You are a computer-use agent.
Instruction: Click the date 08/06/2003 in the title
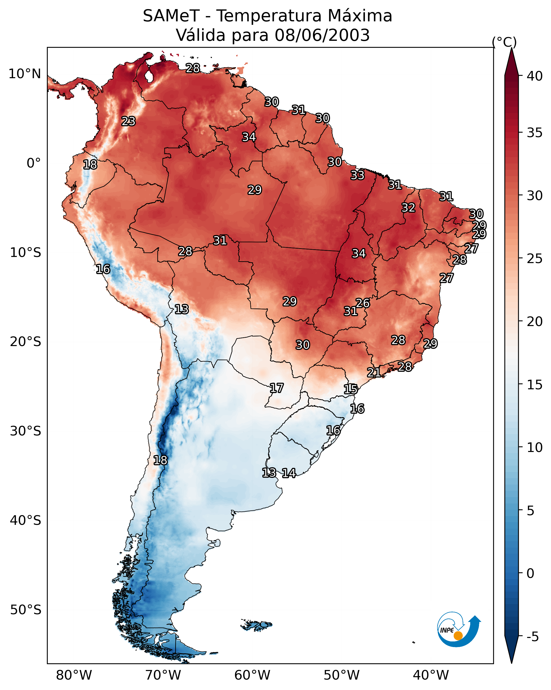(322, 35)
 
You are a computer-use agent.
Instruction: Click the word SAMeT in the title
(171, 16)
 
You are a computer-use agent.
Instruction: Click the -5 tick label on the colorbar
(532, 637)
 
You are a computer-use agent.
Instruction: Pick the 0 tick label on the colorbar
(530, 573)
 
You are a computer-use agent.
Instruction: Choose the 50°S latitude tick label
(26, 610)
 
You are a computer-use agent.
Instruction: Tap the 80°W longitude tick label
(74, 675)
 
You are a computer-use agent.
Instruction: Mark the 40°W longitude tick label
(431, 675)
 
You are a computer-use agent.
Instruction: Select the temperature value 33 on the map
(357, 175)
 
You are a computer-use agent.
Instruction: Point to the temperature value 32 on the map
(408, 208)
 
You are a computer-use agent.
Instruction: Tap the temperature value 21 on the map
(374, 372)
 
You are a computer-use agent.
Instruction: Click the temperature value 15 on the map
(351, 389)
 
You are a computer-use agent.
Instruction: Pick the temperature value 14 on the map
(289, 473)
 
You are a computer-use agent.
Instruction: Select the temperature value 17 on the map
(277, 388)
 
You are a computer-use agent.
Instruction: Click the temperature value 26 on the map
(363, 303)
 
